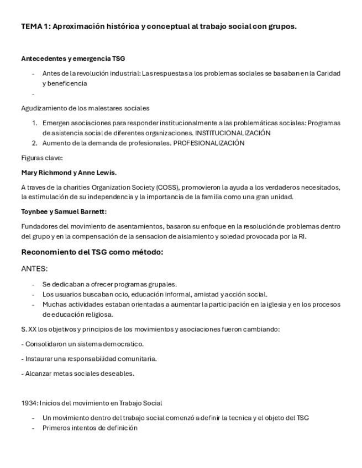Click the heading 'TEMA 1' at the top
coord(35,26)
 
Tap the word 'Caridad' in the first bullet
coord(328,73)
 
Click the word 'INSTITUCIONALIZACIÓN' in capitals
coord(233,133)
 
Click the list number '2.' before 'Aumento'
coord(34,143)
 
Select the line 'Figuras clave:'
coord(42,158)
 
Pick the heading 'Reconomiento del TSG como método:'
coord(92,252)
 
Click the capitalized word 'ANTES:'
coord(34,269)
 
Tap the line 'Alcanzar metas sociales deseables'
coord(78,374)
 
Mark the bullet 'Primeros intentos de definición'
coord(90,428)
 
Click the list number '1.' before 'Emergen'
coord(34,123)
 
